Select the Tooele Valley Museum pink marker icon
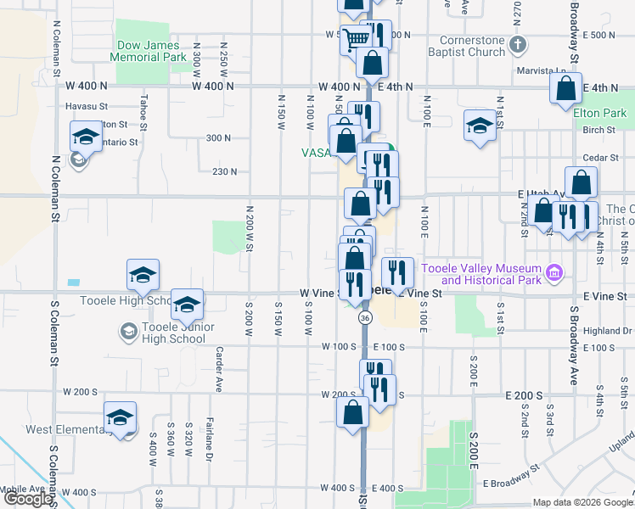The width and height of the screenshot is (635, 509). tap(555, 272)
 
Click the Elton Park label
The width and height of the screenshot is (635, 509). tap(599, 113)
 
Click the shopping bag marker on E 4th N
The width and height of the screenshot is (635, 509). tap(565, 88)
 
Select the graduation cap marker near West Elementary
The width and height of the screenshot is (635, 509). tap(120, 418)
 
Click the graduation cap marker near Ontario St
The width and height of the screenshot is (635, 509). tap(85, 137)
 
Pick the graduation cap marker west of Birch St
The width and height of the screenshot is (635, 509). tap(480, 126)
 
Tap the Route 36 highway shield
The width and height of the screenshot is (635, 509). tap(365, 317)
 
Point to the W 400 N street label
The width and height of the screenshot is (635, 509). tap(212, 87)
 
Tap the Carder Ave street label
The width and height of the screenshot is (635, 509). tap(219, 369)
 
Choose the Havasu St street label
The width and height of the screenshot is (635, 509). tap(87, 107)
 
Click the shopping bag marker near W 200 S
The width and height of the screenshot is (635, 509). tap(352, 413)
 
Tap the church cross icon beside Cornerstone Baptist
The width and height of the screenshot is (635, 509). tap(518, 43)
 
